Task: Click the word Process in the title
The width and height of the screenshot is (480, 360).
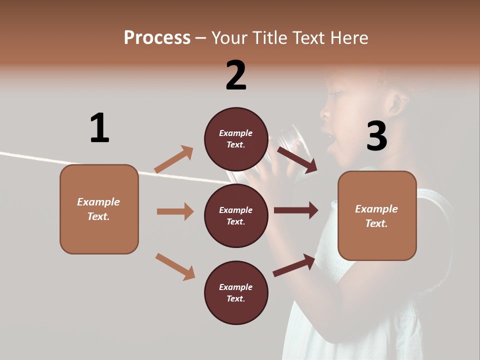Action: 157,38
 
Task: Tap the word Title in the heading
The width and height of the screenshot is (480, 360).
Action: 270,38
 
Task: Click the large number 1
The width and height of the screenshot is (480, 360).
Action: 99,128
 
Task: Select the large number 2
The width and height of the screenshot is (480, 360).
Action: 236,75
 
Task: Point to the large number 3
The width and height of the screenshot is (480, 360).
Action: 376,136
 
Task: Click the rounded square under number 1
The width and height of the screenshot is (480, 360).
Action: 99,209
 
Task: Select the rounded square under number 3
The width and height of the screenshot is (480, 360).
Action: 377,215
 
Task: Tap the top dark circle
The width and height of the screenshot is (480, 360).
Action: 236,139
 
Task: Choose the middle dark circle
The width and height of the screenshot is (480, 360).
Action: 236,215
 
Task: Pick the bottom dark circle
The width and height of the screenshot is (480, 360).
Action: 236,292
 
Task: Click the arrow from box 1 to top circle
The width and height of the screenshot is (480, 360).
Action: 173,159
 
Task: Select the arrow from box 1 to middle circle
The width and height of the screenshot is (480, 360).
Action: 175,211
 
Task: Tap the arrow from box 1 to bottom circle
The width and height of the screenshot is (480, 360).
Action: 175,266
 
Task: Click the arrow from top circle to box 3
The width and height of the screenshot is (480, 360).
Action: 297,160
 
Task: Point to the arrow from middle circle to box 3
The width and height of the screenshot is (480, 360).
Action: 295,210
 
